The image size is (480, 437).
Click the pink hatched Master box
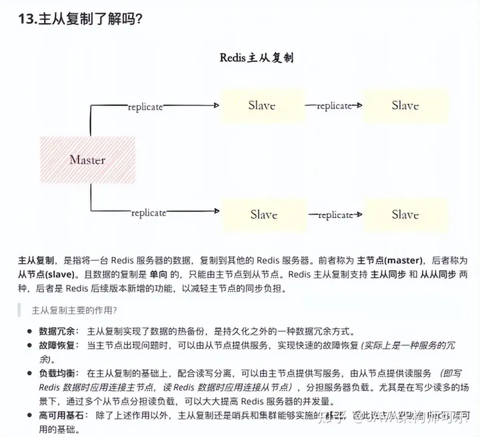(x=87, y=160)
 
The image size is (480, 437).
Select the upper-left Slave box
(x=261, y=106)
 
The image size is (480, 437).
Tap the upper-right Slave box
(x=405, y=106)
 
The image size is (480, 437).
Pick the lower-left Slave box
(x=263, y=215)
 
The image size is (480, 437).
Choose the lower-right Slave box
(x=405, y=215)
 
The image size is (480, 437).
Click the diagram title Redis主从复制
(x=257, y=58)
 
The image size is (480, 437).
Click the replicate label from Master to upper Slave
(x=145, y=107)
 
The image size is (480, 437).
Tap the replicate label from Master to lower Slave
(x=148, y=213)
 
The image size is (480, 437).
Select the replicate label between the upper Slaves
(x=334, y=106)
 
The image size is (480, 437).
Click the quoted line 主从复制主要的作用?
(x=75, y=310)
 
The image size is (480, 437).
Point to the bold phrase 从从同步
(x=438, y=274)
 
